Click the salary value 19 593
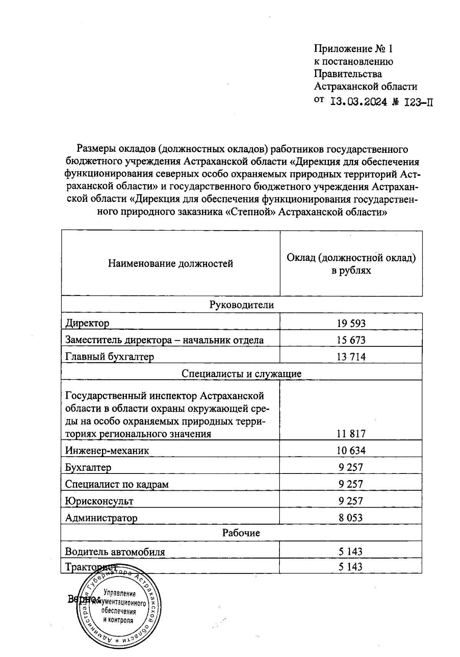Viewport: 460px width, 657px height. point(351,323)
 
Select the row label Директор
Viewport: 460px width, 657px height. point(87,323)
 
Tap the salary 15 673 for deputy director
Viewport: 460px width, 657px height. point(351,340)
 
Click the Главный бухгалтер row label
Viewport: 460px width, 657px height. point(110,357)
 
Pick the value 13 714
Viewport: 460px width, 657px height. point(351,357)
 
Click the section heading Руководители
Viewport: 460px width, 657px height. point(242,305)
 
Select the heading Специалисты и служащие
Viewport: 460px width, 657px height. point(242,374)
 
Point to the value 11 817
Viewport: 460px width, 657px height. point(351,434)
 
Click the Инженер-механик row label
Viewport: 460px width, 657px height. point(107,451)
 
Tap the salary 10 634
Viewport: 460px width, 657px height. point(351,451)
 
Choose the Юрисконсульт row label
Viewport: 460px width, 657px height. point(99,501)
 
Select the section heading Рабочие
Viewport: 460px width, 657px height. point(241,533)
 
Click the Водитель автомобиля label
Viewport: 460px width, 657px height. point(115,552)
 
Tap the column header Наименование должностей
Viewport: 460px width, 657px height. point(171,264)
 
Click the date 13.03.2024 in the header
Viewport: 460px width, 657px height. point(358,102)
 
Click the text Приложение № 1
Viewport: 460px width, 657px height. point(353,49)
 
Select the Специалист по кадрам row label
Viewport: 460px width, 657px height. point(117,484)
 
